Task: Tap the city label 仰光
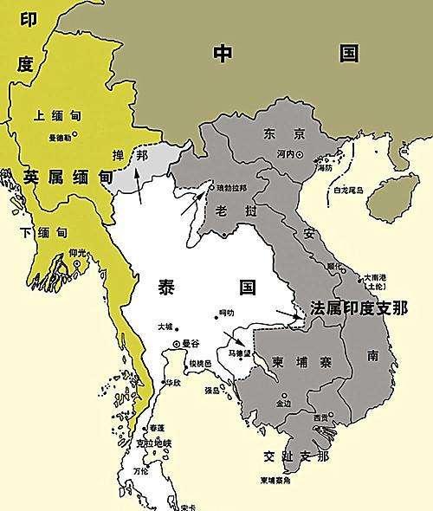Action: point(77,252)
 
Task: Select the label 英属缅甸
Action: point(68,177)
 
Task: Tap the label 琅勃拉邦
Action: point(233,187)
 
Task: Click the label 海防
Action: point(322,167)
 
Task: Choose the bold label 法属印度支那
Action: point(359,307)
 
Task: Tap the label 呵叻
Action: point(228,313)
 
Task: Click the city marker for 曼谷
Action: point(178,344)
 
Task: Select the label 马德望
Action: point(238,353)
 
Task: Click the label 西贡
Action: point(321,418)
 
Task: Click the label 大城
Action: point(165,327)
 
